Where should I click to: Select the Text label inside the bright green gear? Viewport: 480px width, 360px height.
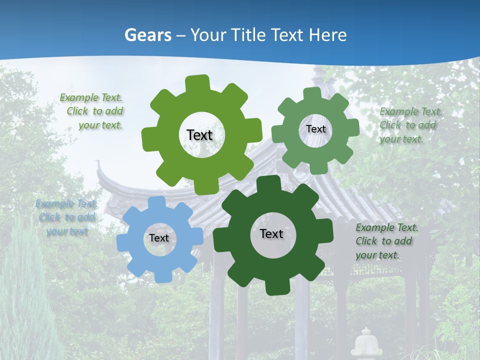click(199, 135)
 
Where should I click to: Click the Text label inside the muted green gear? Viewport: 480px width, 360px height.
click(315, 129)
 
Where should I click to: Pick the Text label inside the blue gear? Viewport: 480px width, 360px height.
click(159, 238)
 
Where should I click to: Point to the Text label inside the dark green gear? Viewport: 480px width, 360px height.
click(271, 233)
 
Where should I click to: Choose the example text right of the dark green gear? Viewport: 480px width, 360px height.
click(386, 241)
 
